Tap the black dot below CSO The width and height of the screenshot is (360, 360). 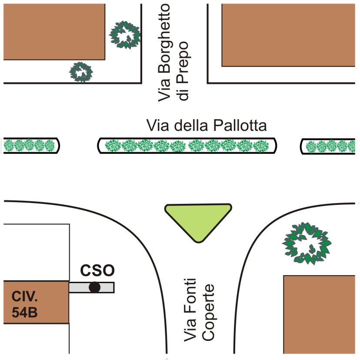(x=94, y=287)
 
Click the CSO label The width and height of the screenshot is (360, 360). (x=98, y=270)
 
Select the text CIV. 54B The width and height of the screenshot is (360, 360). (x=25, y=306)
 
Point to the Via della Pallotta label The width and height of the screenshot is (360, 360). (x=206, y=126)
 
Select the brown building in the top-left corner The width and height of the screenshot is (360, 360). (x=54, y=31)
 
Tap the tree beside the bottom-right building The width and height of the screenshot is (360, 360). (x=307, y=243)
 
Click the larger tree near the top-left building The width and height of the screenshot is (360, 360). (x=125, y=34)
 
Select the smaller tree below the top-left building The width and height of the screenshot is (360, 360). (x=81, y=72)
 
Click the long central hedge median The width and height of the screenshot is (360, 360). (x=187, y=146)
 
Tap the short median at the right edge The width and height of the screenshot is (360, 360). (x=330, y=146)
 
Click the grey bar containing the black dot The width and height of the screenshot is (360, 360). (x=107, y=287)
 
